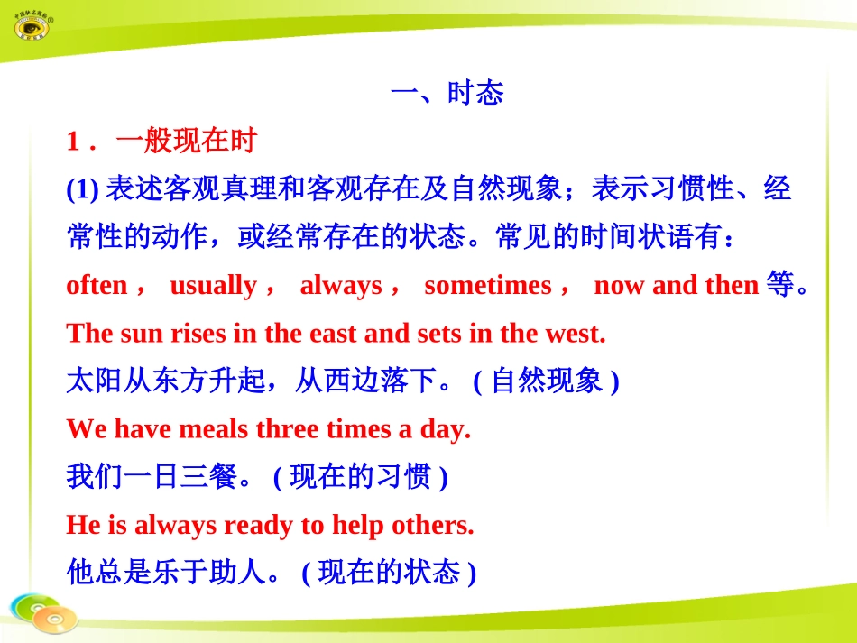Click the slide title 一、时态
coord(447,93)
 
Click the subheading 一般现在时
coord(187,141)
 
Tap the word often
coord(97,286)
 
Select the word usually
coord(213,286)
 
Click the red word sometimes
coord(487,286)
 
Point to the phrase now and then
coord(676,286)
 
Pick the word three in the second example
coord(287,429)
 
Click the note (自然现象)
coord(546,381)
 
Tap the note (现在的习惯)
coord(360,477)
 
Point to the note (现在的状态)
coord(389,573)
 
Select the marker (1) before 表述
coord(82,189)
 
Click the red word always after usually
coord(341,286)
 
